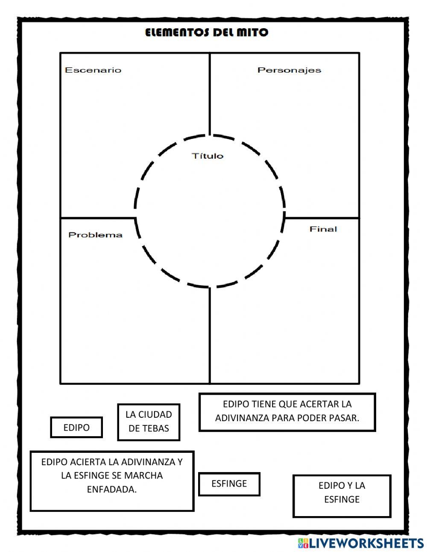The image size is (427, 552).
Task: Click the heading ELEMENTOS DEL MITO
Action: [x=207, y=32]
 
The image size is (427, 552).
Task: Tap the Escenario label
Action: [x=93, y=70]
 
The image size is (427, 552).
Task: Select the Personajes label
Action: [x=289, y=70]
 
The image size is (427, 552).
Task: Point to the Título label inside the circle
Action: [x=208, y=156]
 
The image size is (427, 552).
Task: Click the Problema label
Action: [x=95, y=235]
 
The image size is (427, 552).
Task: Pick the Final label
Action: [x=323, y=229]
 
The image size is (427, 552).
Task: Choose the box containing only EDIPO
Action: [x=76, y=428]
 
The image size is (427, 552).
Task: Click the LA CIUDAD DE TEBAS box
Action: [x=149, y=422]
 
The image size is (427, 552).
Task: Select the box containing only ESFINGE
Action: [x=229, y=484]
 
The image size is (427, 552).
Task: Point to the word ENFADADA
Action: [x=112, y=490]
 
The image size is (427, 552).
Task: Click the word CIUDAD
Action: [x=155, y=414]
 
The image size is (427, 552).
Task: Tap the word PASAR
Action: [x=344, y=418]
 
